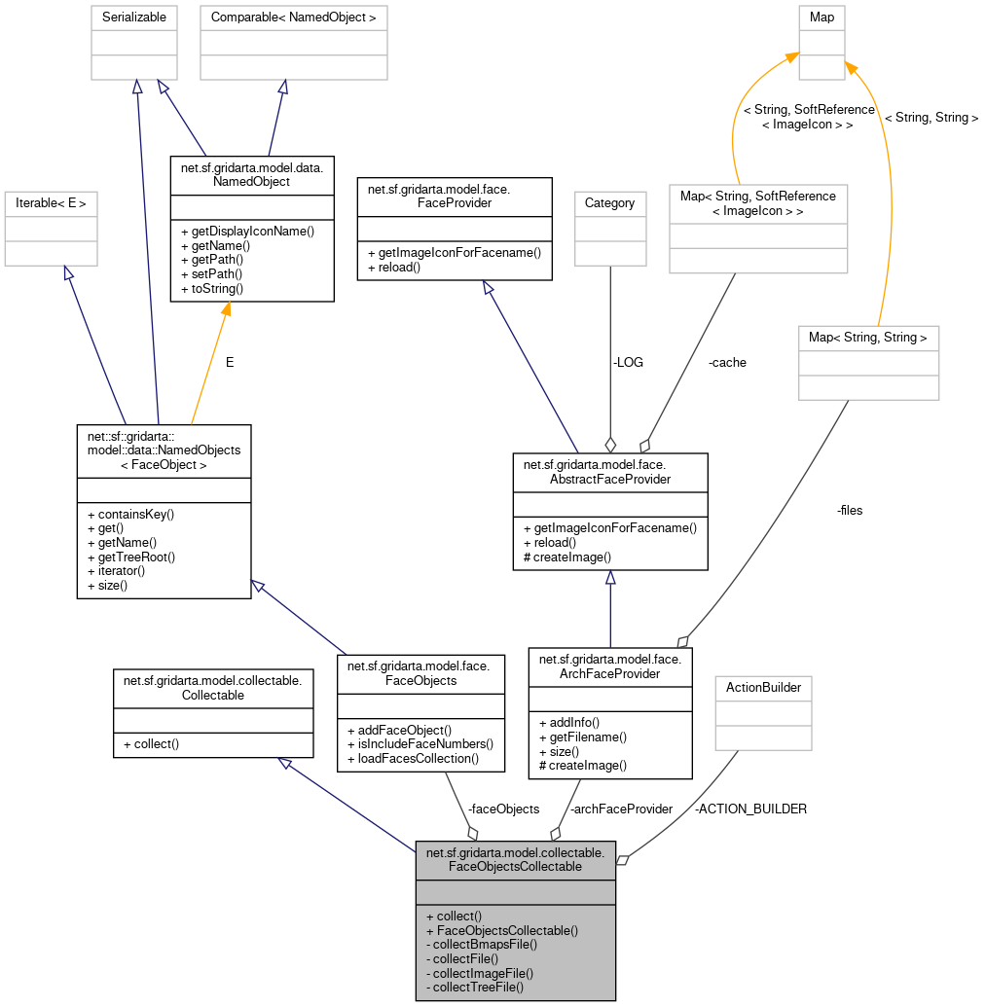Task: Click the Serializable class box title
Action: [x=133, y=18]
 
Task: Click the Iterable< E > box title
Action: [x=52, y=203]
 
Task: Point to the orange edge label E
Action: [x=230, y=362]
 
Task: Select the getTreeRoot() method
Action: [x=130, y=557]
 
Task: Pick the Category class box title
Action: [x=609, y=203]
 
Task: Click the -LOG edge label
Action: [x=628, y=362]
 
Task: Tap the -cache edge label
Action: [x=727, y=362]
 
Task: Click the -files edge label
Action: [x=849, y=510]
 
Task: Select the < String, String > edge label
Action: [x=931, y=118]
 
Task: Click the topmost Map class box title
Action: [x=822, y=18]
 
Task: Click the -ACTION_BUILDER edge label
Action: [x=750, y=809]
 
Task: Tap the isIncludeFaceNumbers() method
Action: [x=420, y=743]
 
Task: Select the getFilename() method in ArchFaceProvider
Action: [x=582, y=737]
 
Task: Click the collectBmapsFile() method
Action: [x=482, y=944]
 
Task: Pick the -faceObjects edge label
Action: [x=503, y=809]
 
